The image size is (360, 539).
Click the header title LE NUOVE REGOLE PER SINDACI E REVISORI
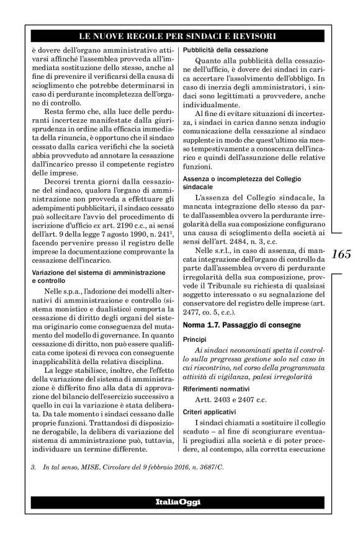tap(179, 37)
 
